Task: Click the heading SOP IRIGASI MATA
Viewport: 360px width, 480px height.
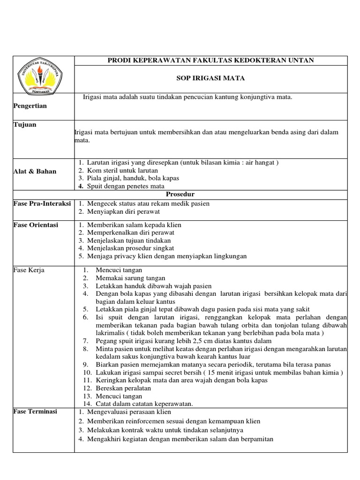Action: (x=210, y=78)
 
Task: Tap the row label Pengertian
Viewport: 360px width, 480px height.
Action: (x=30, y=106)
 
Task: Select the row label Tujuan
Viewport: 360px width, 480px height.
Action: (x=25, y=125)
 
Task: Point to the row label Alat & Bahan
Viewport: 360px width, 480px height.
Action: (x=35, y=171)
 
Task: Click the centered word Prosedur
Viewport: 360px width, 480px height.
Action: (x=180, y=194)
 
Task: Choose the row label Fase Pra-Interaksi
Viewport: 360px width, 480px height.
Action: (x=43, y=204)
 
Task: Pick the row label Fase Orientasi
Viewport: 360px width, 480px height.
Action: (x=36, y=225)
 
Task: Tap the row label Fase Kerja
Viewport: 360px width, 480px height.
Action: (x=29, y=270)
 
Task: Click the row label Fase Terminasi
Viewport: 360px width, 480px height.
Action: (x=35, y=411)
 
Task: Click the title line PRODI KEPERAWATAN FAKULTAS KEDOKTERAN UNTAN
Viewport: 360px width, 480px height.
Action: (x=210, y=60)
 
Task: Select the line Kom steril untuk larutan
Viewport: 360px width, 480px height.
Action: (x=122, y=170)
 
